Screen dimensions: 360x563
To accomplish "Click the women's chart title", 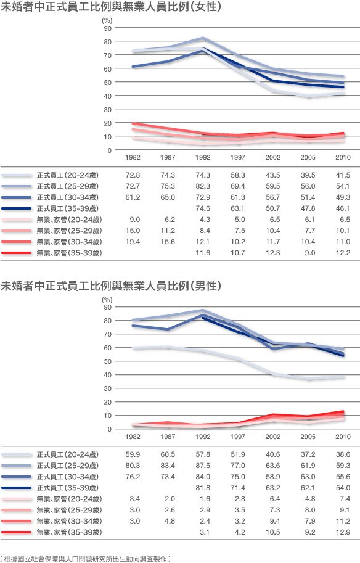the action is click(x=111, y=7).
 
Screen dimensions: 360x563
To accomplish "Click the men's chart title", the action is click(x=111, y=286).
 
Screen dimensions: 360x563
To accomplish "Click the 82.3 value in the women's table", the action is click(x=203, y=186).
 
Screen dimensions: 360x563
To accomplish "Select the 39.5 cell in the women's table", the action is click(x=308, y=175).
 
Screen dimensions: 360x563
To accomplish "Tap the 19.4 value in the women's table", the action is click(x=133, y=242).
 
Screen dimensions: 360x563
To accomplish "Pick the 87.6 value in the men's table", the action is click(x=203, y=466).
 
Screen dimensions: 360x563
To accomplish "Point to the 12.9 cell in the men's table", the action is click(x=343, y=532).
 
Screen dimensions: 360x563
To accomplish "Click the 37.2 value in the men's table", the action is click(x=308, y=454).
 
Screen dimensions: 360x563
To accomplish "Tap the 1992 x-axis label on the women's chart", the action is click(x=203, y=157).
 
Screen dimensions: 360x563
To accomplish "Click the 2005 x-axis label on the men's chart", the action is click(x=308, y=437).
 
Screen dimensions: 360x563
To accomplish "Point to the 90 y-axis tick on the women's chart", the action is click(x=108, y=28).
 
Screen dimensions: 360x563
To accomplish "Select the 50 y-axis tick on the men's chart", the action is click(x=108, y=361).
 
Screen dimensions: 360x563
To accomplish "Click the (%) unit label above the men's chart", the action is click(x=107, y=300).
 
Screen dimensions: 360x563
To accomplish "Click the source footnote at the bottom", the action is click(x=86, y=559).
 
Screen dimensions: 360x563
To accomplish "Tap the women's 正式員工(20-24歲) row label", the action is click(x=67, y=175).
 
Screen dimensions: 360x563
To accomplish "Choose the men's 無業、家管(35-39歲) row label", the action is click(x=69, y=532).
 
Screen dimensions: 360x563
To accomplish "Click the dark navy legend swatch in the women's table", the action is click(x=16, y=208).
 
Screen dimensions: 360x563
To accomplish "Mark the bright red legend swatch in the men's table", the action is click(x=16, y=533).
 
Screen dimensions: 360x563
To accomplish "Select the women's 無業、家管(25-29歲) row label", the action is click(x=69, y=231).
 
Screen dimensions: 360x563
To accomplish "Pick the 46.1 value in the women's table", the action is click(x=343, y=208).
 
